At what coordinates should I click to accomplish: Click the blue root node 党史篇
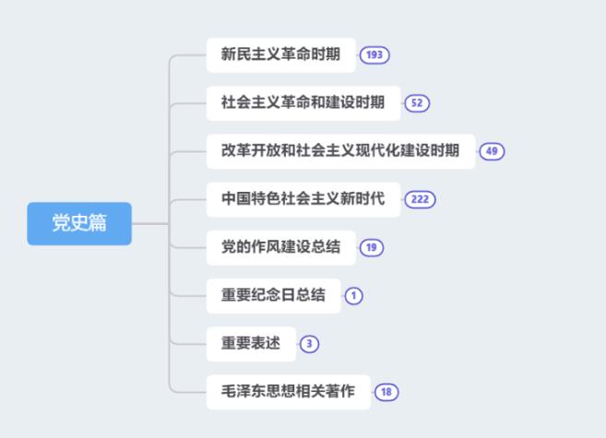tap(79, 224)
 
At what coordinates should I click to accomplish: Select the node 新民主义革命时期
tap(281, 54)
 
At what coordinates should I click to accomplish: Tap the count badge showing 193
tap(374, 54)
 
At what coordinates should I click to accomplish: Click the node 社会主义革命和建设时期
tap(303, 103)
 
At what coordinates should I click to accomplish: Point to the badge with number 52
tap(417, 103)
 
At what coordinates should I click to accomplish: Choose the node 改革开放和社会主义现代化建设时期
tap(340, 151)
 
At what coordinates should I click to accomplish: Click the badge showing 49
tap(492, 151)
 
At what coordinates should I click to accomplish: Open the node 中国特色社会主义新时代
tap(303, 199)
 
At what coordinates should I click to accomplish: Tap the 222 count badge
tap(420, 199)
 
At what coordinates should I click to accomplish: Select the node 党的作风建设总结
tap(281, 247)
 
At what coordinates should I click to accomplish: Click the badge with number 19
tap(372, 247)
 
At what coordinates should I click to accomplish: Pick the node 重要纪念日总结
tap(274, 296)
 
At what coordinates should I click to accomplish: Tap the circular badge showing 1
tap(353, 296)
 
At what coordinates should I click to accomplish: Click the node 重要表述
tap(251, 344)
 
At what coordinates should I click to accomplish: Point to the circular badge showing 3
tap(309, 344)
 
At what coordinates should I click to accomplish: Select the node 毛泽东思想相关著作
tap(289, 392)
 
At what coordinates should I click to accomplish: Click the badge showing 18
tap(386, 392)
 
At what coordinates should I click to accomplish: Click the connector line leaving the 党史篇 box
tap(150, 224)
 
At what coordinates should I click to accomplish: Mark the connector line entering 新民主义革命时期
tap(188, 55)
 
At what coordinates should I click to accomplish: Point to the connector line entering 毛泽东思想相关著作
tap(188, 392)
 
